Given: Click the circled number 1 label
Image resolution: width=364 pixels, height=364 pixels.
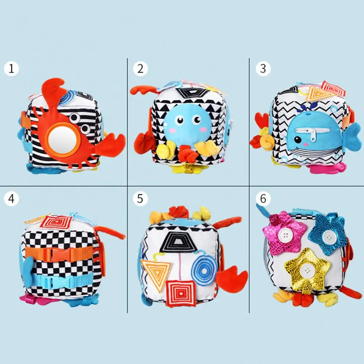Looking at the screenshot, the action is [x=11, y=69].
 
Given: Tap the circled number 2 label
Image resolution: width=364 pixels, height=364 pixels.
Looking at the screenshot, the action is [x=140, y=69].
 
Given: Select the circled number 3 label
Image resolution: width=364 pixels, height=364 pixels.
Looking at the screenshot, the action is [x=263, y=68].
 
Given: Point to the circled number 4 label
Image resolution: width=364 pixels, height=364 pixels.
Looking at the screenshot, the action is [x=11, y=199].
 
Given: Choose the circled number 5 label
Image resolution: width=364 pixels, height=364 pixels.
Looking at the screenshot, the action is [x=140, y=199].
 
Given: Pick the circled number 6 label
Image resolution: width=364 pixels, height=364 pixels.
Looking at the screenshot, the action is [x=263, y=199].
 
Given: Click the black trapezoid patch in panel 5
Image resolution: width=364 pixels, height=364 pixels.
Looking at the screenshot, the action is [x=178, y=242].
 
